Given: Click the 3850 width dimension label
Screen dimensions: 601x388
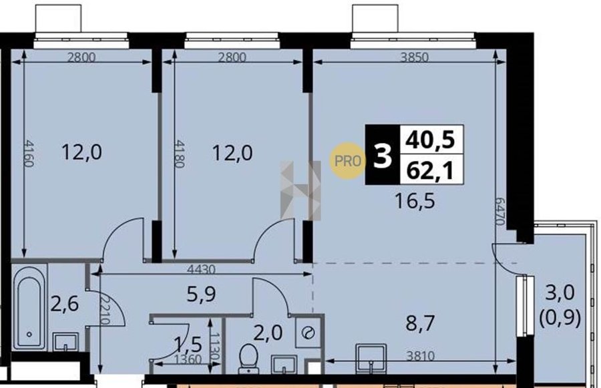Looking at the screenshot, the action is (x=414, y=57).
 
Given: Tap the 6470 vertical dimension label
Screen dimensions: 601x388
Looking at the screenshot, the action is (x=499, y=211).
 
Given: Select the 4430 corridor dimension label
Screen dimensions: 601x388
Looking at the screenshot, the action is (x=201, y=270).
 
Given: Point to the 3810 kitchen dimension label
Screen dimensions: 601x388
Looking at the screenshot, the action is (x=421, y=356).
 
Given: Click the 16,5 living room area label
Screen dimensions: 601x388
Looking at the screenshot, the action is (x=415, y=201).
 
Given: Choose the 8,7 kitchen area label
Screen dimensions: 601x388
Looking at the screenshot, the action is (x=420, y=323).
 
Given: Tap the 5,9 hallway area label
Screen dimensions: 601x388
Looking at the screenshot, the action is (x=201, y=294).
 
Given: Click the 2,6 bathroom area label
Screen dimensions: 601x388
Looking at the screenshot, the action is (x=65, y=304).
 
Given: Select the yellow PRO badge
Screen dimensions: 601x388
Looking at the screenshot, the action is (x=347, y=161).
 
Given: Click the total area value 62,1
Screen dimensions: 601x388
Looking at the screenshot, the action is (x=431, y=170).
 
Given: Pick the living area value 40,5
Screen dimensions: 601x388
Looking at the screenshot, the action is (x=431, y=139).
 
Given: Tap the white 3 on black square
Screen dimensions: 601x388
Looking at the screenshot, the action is (x=383, y=155).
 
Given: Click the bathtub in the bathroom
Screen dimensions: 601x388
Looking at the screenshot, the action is (x=29, y=307).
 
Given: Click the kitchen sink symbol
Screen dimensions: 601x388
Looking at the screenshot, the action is (x=371, y=358).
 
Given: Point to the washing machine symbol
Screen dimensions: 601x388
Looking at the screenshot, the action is (x=308, y=332).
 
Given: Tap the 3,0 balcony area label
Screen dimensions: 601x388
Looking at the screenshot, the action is (x=560, y=293).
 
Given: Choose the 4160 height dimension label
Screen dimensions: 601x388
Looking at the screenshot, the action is (x=29, y=153).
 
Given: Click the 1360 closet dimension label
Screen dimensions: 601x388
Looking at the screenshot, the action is (x=187, y=360).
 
